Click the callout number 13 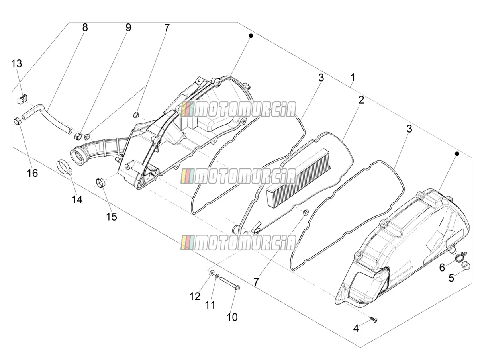coord(17,64)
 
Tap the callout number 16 coord(32,173)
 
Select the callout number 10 coord(232,317)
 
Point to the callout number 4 coord(356,329)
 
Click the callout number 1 coord(353,78)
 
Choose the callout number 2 coord(361,100)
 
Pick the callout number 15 coord(112,217)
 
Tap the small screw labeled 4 coord(374,319)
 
